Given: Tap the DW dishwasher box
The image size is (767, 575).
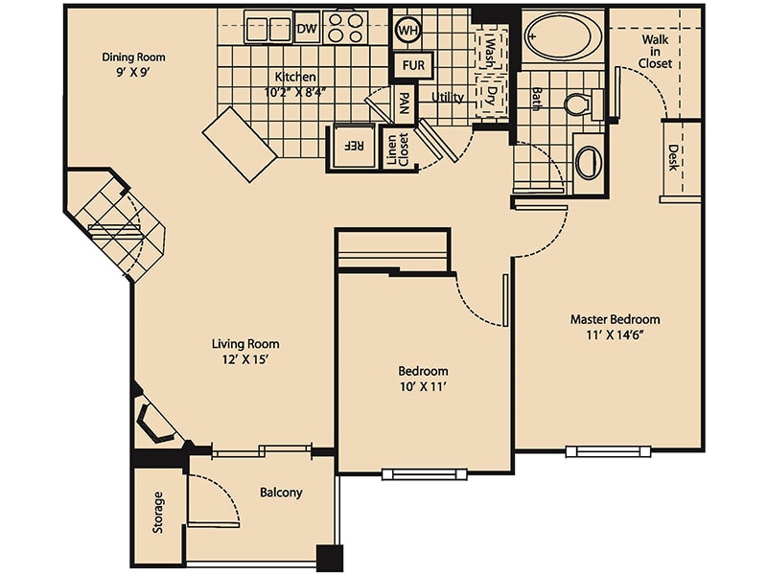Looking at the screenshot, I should (307, 29).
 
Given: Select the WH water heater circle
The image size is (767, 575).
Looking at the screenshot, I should (407, 30).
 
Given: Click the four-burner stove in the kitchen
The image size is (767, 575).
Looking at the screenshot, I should (345, 29).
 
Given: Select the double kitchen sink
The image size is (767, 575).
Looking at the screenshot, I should (267, 28).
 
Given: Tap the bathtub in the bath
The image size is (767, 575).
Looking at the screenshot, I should (563, 37).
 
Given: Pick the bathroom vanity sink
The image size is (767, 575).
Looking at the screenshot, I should (588, 160).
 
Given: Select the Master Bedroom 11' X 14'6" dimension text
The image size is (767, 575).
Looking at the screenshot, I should (615, 327).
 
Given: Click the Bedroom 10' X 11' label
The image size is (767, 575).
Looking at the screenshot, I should (423, 379).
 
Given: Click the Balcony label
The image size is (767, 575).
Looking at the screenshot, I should (281, 493).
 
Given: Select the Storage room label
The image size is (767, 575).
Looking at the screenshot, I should (158, 513).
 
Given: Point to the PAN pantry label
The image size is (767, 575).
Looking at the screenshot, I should (406, 103).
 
